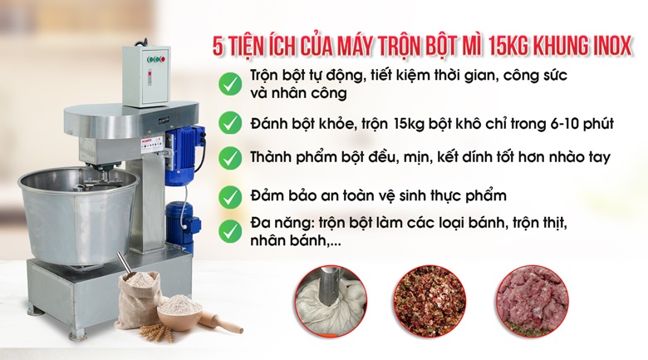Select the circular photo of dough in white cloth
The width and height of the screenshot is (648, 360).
(x=331, y=300)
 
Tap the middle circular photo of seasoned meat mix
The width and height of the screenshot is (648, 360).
(x=429, y=300)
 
